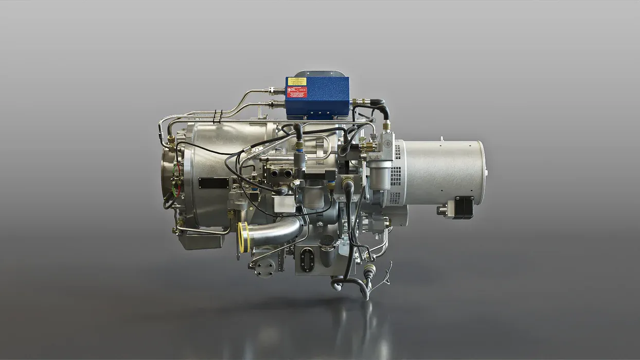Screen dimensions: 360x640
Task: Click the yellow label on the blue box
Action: pos(297,81)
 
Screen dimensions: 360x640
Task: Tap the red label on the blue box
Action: pos(297,93)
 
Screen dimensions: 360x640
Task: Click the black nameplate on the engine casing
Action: pos(214,183)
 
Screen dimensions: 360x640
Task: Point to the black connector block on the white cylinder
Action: pos(464,207)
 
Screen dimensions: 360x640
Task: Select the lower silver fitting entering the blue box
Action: pos(276,103)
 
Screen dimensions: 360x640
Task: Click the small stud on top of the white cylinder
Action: pos(441,138)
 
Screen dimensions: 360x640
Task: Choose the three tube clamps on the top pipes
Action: pos(218,116)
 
